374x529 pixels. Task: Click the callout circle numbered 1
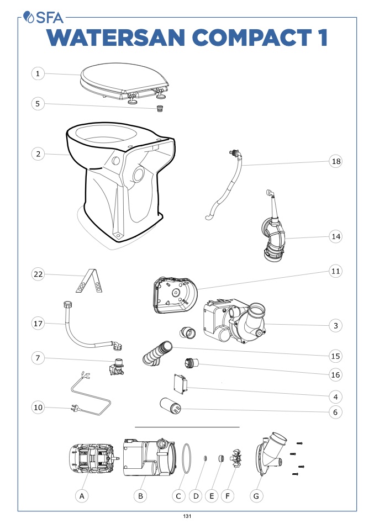point(38,73)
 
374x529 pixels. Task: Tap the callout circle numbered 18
point(335,161)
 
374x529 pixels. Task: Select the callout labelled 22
point(38,274)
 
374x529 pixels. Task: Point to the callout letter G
point(256,496)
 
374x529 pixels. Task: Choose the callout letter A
point(82,496)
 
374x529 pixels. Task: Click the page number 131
point(187,516)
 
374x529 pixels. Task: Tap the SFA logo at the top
point(43,18)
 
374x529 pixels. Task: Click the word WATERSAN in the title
point(116,38)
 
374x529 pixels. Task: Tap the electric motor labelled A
point(93,458)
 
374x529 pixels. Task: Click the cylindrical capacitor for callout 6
point(171,406)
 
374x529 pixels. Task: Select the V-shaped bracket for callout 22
point(89,281)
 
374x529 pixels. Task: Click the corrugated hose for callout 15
point(157,353)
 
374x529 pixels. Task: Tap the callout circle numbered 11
point(335,271)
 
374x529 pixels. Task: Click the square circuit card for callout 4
point(180,384)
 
